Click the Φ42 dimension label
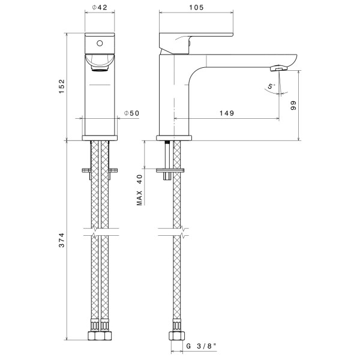click(100, 7)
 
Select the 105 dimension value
click(196, 7)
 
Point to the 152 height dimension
click(62, 86)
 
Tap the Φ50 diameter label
click(131, 113)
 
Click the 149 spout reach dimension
click(227, 113)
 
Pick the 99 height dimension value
click(293, 106)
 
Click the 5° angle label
click(271, 86)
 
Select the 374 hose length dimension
click(62, 240)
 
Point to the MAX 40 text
click(139, 190)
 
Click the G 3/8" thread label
click(201, 346)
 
